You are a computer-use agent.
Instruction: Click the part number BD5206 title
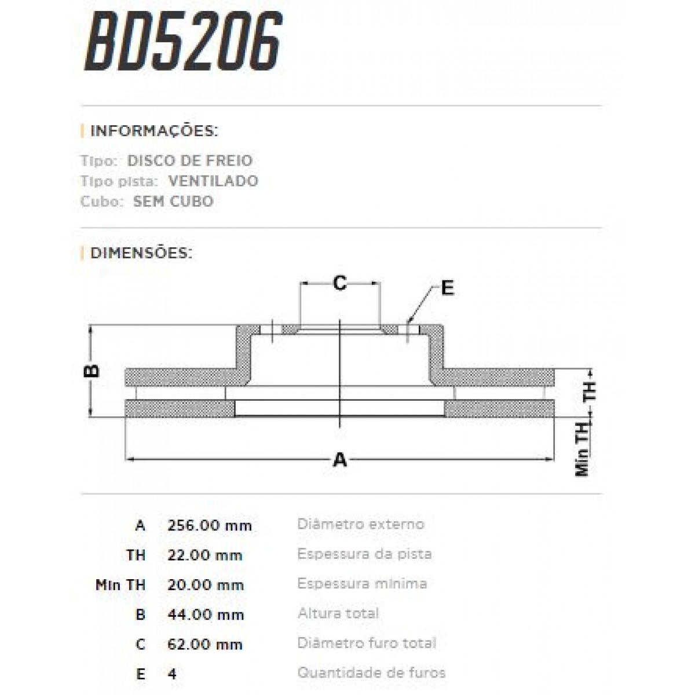[183, 42]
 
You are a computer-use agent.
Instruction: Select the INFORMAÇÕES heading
[154, 131]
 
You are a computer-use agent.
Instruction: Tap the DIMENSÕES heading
[141, 253]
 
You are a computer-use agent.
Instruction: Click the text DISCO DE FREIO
[190, 160]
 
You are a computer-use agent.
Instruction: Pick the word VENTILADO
[213, 181]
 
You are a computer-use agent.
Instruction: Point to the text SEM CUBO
[173, 202]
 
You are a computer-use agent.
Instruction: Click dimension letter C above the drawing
[340, 283]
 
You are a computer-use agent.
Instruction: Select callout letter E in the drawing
[447, 288]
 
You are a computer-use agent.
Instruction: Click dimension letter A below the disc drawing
[340, 460]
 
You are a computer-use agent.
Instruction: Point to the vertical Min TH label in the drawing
[582, 449]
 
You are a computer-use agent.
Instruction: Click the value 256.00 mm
[210, 525]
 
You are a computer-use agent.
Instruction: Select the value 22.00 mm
[205, 555]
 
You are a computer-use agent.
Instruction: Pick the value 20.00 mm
[206, 585]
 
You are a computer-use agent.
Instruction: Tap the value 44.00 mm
[206, 614]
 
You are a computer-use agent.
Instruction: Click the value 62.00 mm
[205, 644]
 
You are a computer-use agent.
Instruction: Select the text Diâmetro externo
[361, 524]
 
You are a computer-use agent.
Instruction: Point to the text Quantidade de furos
[371, 673]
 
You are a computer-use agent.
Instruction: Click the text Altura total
[338, 613]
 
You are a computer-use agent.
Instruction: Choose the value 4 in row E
[172, 674]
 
